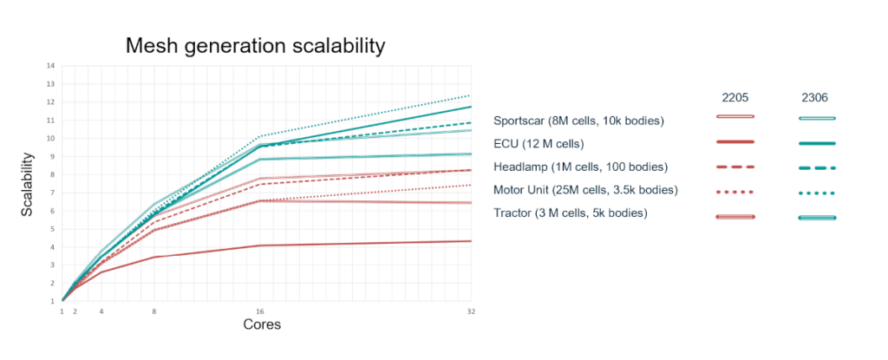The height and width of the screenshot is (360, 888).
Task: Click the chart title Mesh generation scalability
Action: point(256,45)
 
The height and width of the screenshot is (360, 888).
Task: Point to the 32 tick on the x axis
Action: point(470,310)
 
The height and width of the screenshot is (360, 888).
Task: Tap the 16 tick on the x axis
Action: point(260,310)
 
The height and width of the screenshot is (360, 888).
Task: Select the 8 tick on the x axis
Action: point(154,310)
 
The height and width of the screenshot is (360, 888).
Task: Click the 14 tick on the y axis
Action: point(51,66)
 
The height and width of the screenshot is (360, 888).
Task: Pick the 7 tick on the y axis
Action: point(53,193)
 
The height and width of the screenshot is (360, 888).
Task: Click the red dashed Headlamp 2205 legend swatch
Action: point(735,167)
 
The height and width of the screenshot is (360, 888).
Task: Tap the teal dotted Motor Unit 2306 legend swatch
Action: point(816,191)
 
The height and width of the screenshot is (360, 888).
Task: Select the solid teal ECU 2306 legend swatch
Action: point(816,143)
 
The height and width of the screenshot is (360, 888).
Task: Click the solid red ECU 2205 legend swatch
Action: point(735,142)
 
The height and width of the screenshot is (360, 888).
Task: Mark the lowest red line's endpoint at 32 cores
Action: point(470,241)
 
